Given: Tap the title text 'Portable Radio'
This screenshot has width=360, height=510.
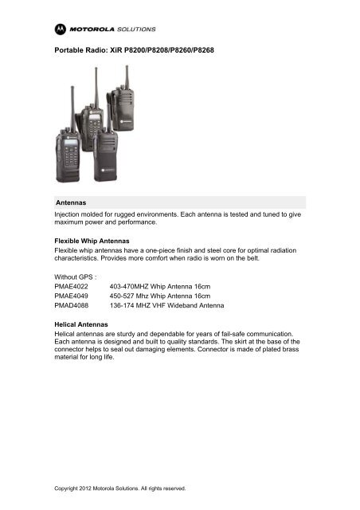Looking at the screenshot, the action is [x=78, y=50].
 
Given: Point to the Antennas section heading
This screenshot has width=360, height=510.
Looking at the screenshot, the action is [x=70, y=202].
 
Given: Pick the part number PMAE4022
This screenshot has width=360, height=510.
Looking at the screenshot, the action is [x=71, y=284].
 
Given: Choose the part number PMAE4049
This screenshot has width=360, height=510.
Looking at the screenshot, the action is [x=71, y=295].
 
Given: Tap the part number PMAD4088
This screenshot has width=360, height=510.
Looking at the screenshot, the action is [x=71, y=305].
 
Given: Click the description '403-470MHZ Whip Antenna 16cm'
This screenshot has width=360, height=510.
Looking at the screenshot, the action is [x=156, y=284].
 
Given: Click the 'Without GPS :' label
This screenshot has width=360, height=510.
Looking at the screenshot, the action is [x=76, y=274].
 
